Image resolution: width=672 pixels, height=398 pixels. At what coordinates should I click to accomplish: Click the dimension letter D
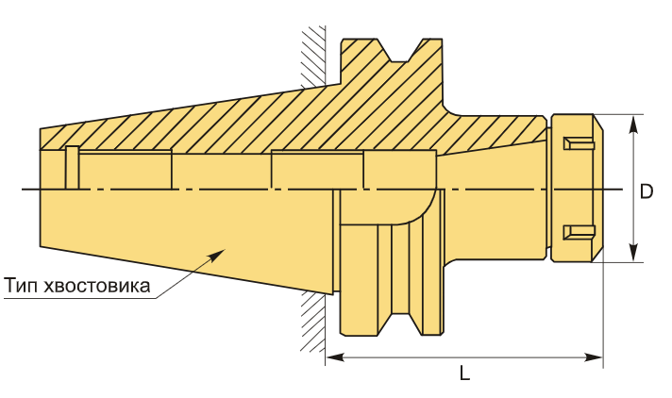[x=647, y=191]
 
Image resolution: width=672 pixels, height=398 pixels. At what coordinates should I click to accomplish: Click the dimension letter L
[x=464, y=373]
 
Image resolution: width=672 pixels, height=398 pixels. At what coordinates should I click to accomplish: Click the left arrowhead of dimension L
[x=333, y=357]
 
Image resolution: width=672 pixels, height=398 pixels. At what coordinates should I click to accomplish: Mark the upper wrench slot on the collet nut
[x=577, y=143]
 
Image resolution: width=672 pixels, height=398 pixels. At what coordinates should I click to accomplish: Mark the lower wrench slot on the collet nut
[x=577, y=232]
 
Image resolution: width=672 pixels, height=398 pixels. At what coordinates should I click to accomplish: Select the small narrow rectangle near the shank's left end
[x=72, y=168]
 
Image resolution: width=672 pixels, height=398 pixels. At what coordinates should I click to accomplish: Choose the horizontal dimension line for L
[x=464, y=357]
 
